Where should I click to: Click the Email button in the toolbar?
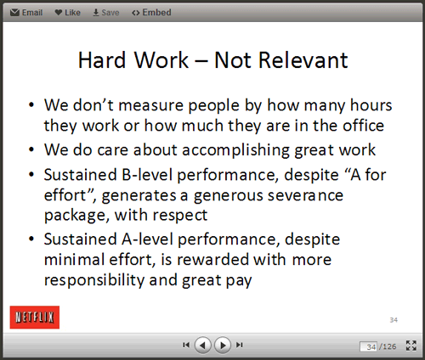26,13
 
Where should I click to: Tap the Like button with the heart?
67,13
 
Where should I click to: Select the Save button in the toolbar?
106,13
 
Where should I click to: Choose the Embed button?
151,13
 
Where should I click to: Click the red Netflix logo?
35,317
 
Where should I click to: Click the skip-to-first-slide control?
186,345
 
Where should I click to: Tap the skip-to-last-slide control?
240,345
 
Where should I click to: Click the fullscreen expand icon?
411,346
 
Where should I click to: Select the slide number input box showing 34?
368,346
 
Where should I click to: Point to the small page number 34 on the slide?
394,320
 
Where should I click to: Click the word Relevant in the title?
303,60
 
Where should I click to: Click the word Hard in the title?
102,60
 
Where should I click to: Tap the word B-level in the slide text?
147,175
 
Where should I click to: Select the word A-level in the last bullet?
147,239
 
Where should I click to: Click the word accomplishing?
235,150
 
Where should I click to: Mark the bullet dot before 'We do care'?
31,149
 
